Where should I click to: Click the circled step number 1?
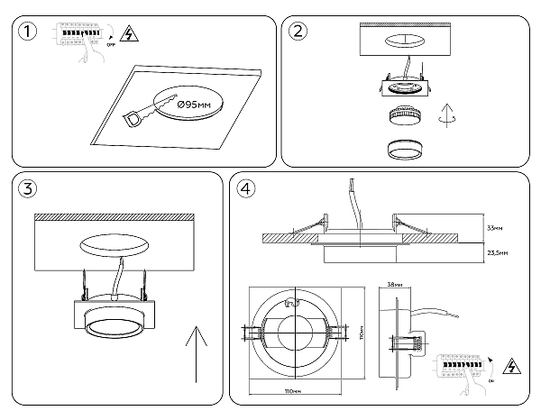click(x=30, y=32)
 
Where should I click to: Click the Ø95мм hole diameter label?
click(x=195, y=106)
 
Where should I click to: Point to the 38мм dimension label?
click(x=394, y=284)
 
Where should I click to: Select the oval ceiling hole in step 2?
click(x=405, y=41)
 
